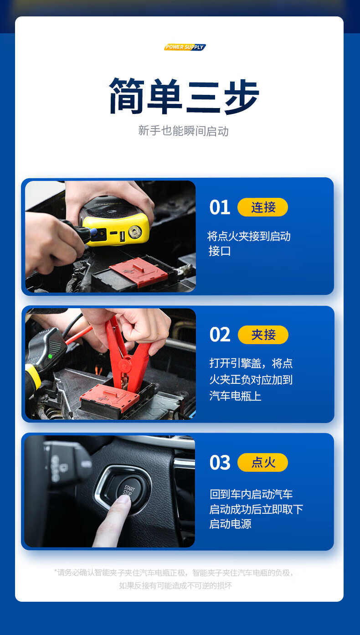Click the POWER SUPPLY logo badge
tap(185, 47)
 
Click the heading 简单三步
tap(184, 96)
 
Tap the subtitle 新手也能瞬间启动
tap(183, 131)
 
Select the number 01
tap(220, 207)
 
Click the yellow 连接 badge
tap(263, 207)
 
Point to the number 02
tap(220, 335)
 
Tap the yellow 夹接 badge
tap(263, 335)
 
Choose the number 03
tap(220, 462)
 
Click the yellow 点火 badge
tap(263, 462)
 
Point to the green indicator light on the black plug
tap(50, 356)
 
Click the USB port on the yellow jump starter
tap(122, 236)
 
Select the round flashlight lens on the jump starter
tap(135, 232)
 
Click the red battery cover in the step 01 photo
tap(139, 272)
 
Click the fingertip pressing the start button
tap(123, 500)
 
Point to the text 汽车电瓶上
tap(235, 396)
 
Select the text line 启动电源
tap(230, 524)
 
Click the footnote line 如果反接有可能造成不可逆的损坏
tap(175, 585)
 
